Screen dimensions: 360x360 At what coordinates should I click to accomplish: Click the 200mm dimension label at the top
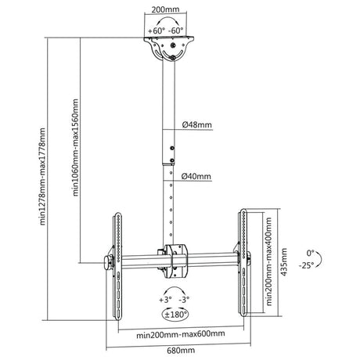click(x=165, y=9)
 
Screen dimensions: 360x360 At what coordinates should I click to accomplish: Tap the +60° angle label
click(x=157, y=31)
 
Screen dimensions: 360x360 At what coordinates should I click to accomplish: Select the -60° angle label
click(x=176, y=31)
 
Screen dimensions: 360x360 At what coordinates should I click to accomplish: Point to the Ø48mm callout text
click(x=197, y=124)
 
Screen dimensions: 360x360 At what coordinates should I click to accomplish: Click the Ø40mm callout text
click(x=196, y=176)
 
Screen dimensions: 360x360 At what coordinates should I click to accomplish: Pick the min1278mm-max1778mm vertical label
click(x=42, y=176)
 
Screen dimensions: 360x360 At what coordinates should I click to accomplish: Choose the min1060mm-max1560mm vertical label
click(x=75, y=147)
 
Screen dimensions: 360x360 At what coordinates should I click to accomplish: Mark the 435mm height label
click(x=283, y=261)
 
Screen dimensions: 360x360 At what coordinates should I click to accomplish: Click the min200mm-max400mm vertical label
click(x=268, y=261)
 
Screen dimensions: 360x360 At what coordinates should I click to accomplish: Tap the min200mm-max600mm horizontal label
click(x=181, y=334)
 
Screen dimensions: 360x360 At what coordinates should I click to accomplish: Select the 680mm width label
click(x=181, y=351)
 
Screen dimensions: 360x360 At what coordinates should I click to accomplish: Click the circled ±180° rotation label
click(x=175, y=315)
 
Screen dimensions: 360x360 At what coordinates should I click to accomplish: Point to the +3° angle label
click(x=165, y=300)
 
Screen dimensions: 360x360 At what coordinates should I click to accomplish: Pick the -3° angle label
click(x=184, y=300)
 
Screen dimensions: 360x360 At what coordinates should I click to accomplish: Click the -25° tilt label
click(x=306, y=265)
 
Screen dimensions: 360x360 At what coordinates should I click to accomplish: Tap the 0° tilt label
click(x=311, y=253)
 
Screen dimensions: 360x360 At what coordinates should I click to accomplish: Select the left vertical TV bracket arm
click(x=117, y=266)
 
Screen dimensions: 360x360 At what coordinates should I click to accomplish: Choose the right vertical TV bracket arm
click(x=243, y=262)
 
